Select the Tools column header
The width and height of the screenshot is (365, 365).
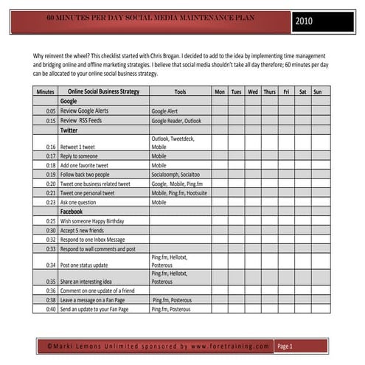tap(180, 92)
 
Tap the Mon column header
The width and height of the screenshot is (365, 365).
tap(219, 92)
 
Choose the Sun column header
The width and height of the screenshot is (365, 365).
tap(317, 92)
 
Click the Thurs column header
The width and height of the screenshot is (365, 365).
tap(269, 92)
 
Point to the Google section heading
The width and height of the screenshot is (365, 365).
tap(69, 101)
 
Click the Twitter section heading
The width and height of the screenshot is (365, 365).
tap(69, 130)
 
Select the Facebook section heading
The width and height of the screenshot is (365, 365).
tap(72, 212)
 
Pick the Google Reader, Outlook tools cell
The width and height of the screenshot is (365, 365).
tap(176, 120)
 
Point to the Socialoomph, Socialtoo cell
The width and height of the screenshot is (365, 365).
tap(175, 175)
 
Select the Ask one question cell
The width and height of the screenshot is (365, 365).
tap(80, 202)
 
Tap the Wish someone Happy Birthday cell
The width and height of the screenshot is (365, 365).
tap(92, 221)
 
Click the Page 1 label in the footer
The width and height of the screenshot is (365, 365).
tap(285, 346)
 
